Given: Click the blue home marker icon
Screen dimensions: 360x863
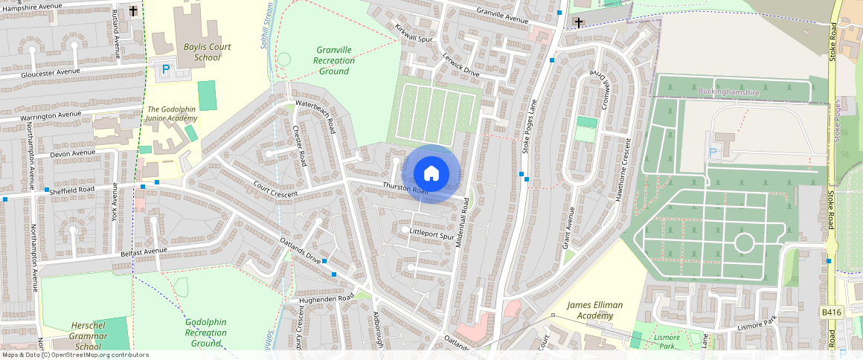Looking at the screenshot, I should pos(431,174).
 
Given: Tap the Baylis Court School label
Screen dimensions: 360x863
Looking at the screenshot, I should pos(207,52).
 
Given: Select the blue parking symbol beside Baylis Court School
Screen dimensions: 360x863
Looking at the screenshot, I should pos(165,69).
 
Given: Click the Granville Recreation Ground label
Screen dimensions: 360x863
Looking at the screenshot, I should pos(333,60).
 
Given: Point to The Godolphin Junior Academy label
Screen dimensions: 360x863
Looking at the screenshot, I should pos(172,113).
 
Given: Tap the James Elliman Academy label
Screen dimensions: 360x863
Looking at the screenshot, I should pos(594,310).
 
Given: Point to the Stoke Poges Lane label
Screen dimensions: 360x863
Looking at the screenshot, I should pos(530,126).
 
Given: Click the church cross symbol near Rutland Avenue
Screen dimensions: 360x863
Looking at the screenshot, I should pos(133,11).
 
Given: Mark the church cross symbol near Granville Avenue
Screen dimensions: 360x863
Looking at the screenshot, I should pos(579,23).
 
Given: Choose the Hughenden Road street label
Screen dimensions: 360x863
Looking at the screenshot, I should pos(326,298).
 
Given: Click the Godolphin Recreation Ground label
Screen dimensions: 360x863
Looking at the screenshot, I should pos(205,332).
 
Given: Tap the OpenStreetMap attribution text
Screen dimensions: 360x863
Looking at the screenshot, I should pos(75,355).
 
